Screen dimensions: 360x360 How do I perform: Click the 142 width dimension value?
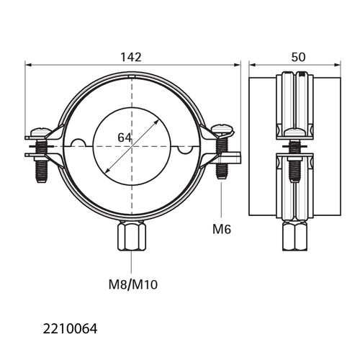[131, 57]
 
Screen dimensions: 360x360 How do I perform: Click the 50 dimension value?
[298, 57]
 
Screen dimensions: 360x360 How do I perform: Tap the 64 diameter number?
[125, 138]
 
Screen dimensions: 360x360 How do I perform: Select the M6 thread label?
[222, 229]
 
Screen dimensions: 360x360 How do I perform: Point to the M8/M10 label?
[133, 285]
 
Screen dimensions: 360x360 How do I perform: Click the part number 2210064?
[70, 329]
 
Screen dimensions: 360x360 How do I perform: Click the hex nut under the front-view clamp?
[132, 236]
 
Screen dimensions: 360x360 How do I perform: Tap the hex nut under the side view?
[294, 236]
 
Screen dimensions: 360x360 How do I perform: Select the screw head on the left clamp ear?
[41, 132]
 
